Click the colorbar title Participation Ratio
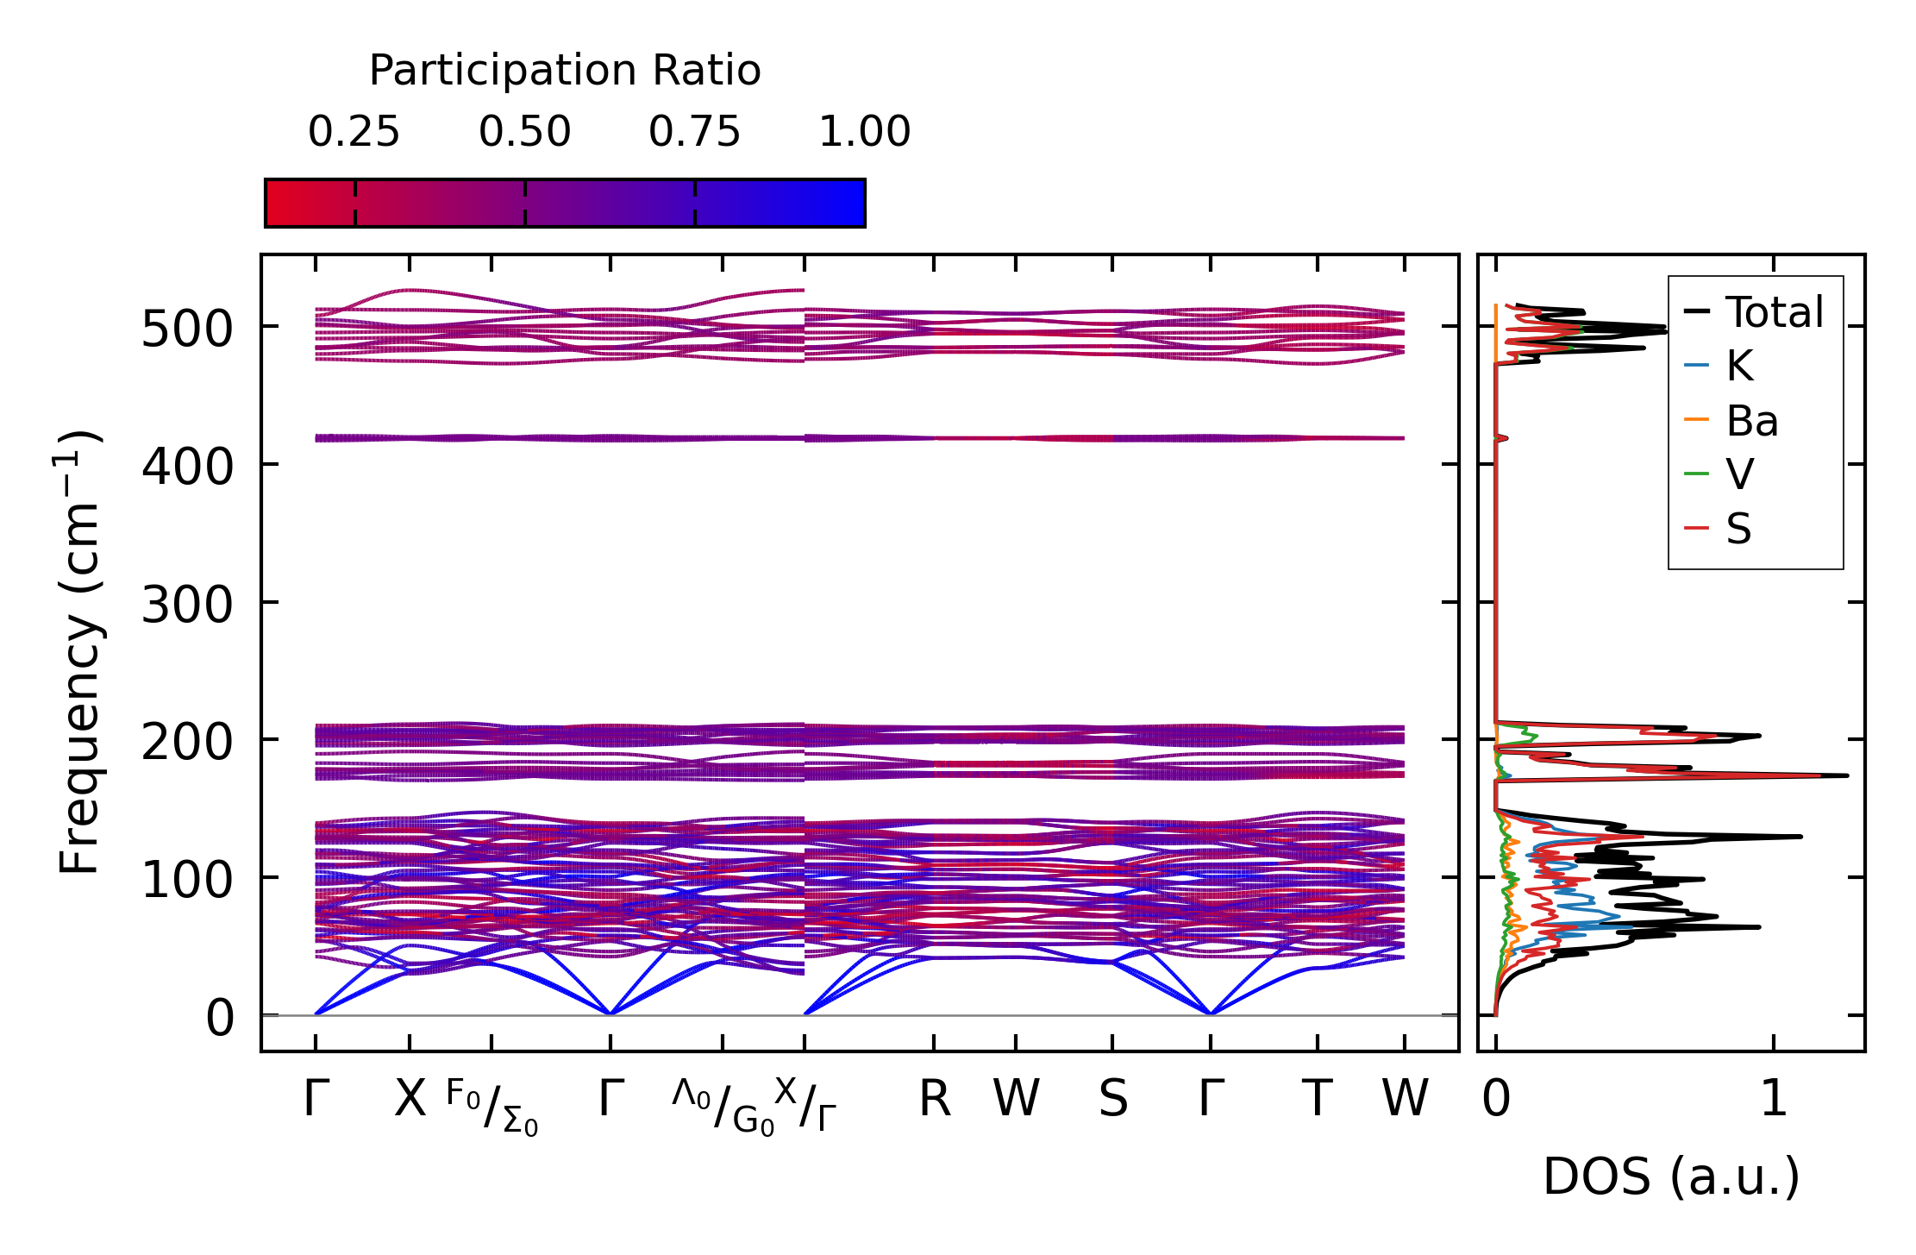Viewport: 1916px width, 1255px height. click(565, 71)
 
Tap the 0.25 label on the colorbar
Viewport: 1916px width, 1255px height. click(354, 133)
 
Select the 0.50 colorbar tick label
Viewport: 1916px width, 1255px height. click(524, 133)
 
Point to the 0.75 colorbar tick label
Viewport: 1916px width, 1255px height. click(694, 133)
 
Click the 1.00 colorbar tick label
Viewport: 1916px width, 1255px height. click(864, 133)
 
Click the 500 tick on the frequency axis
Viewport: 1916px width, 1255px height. click(187, 329)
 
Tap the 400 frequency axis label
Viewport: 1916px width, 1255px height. click(187, 467)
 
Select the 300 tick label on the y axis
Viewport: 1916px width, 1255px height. click(187, 605)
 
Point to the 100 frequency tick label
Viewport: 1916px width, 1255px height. click(187, 881)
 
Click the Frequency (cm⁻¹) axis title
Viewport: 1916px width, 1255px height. click(79, 652)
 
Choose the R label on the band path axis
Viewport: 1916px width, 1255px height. click(935, 1100)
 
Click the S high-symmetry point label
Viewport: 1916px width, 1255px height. click(1112, 1100)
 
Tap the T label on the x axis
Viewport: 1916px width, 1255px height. click(1317, 1100)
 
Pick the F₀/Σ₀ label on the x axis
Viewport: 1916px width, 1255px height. click(492, 1107)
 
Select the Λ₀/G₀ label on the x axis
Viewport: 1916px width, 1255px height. click(723, 1107)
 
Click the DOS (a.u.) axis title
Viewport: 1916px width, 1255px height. click(1671, 1177)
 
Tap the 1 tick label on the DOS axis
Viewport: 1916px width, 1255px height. click(1774, 1100)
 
